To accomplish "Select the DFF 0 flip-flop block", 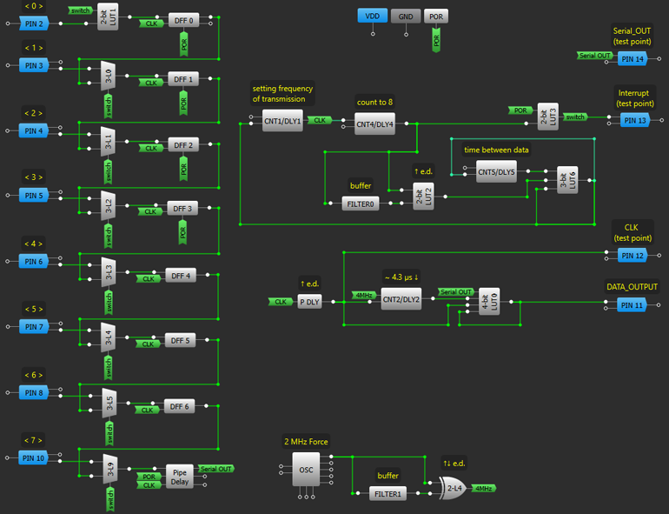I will click(182, 19).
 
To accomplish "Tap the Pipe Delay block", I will click(180, 476).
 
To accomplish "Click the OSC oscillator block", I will click(306, 470).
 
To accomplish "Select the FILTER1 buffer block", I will click(387, 494).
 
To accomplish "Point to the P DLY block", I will click(309, 302).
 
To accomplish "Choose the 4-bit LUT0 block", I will click(488, 300).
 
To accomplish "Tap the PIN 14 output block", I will click(633, 59).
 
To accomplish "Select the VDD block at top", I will click(372, 17).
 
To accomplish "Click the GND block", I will click(406, 17).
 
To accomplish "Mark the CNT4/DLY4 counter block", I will click(374, 124).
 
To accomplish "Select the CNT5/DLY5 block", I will click(496, 172).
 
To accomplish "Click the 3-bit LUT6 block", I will click(567, 180).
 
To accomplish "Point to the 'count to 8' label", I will click(374, 102).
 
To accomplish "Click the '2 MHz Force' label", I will click(306, 442).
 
